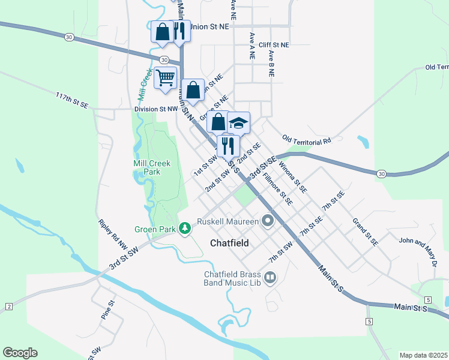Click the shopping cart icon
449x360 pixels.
click(x=165, y=77)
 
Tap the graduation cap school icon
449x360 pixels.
click(x=238, y=123)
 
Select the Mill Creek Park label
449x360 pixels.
click(x=151, y=167)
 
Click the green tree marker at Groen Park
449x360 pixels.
click(x=186, y=228)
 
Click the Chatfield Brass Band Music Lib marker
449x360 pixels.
click(x=270, y=277)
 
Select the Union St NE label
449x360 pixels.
click(x=209, y=26)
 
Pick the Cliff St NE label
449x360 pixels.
click(x=274, y=45)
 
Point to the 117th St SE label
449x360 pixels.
click(x=72, y=100)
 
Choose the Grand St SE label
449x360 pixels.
click(x=365, y=232)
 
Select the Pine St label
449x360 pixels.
click(x=107, y=310)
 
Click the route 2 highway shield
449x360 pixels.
click(x=9, y=307)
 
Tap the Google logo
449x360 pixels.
click(x=20, y=353)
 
